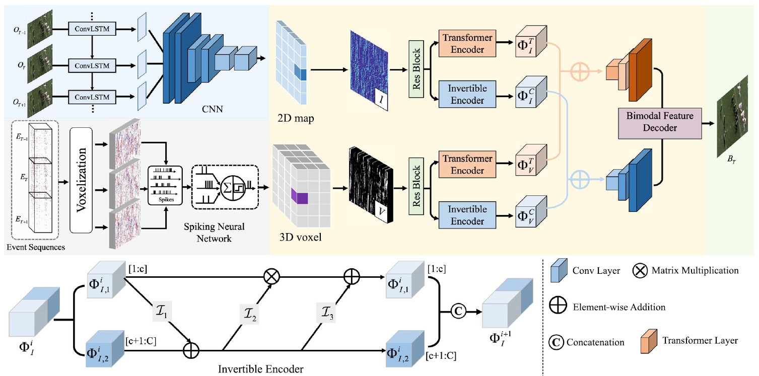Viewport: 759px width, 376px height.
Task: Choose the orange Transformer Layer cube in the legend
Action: (x=649, y=341)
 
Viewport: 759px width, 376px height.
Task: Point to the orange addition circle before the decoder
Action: (x=580, y=71)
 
